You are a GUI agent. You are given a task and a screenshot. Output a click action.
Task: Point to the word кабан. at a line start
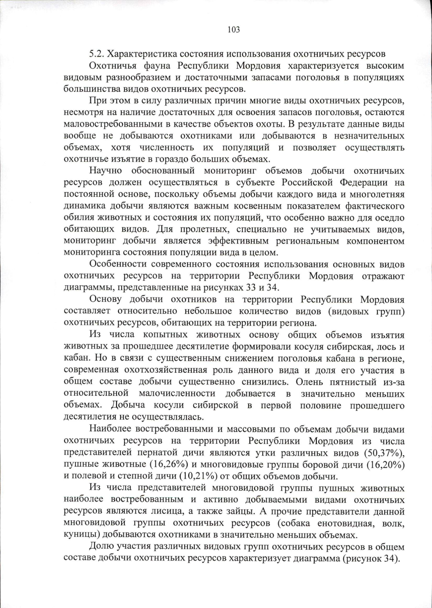point(74,359)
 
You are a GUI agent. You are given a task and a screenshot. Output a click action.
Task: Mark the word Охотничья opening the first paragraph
point(112,66)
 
